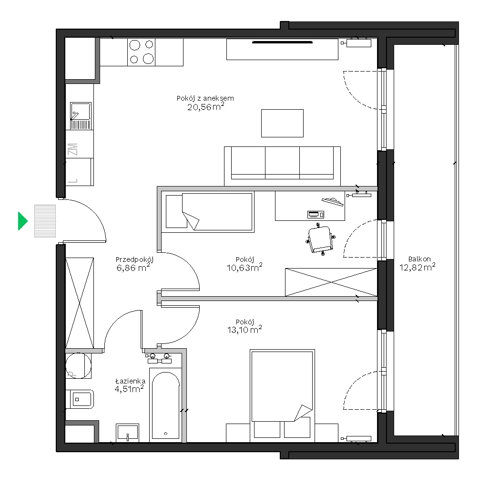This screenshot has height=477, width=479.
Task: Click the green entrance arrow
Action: [x=22, y=221]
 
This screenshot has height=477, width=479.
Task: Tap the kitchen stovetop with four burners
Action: [x=141, y=52]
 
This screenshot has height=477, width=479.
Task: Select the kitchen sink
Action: [x=81, y=115]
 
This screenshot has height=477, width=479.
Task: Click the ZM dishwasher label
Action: [x=72, y=149]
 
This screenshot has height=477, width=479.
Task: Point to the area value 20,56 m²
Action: [x=205, y=106]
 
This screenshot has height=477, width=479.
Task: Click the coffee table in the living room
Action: [x=282, y=123]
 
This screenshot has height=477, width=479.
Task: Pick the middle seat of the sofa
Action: [x=282, y=163]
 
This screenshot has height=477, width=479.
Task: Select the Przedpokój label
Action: [x=134, y=260]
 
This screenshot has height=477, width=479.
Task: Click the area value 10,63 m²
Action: [x=245, y=267]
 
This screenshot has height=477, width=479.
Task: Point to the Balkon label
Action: [x=419, y=259]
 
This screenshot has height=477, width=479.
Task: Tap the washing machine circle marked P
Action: [x=79, y=365]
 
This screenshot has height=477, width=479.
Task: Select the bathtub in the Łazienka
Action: [x=165, y=405]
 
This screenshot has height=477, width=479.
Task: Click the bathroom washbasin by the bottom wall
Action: [x=127, y=432]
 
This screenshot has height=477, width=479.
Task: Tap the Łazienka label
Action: [x=130, y=381]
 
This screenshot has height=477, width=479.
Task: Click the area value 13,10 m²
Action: [x=245, y=329]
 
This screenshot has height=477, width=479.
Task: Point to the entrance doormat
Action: [x=45, y=221]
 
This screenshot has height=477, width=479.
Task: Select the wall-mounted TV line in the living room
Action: [x=282, y=42]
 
